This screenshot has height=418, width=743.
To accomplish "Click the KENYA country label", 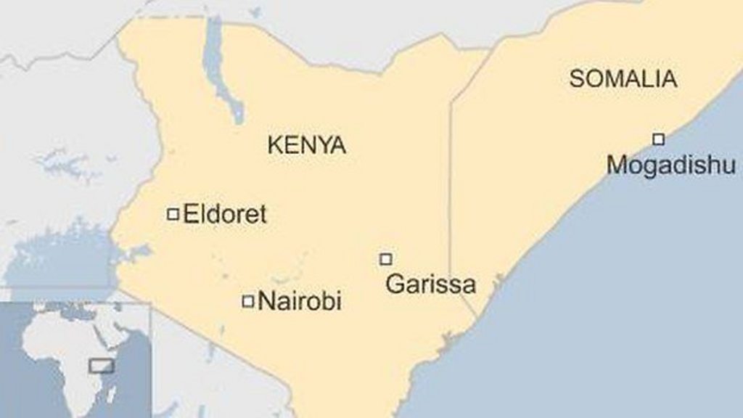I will (306, 145).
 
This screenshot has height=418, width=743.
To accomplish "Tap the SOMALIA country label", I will (623, 78).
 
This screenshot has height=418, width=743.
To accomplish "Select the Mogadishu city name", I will (671, 165).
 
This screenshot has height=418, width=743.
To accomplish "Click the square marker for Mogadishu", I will (658, 139).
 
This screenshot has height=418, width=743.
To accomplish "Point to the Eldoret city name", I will (225, 214).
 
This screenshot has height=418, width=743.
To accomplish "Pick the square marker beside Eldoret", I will (173, 214).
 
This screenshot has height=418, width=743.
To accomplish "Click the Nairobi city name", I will (300, 301).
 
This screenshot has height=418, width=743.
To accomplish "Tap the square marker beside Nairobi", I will (248, 301).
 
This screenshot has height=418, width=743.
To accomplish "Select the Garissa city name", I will (430, 284).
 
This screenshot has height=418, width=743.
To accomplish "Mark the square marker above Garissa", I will (386, 259).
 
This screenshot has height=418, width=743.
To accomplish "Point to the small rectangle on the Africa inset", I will (102, 366).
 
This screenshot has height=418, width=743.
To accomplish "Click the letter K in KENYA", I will (274, 145).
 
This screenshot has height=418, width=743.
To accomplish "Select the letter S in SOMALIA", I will (576, 78).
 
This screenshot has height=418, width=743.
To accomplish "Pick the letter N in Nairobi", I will (266, 301).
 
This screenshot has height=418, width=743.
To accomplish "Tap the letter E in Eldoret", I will (191, 214).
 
